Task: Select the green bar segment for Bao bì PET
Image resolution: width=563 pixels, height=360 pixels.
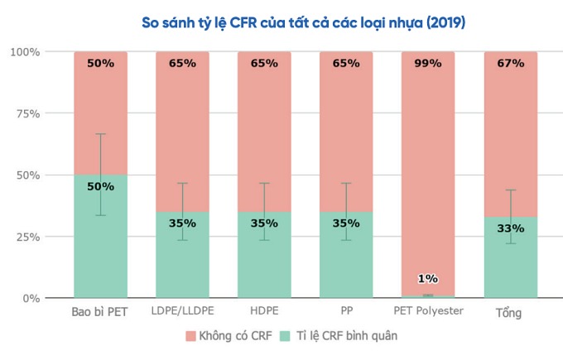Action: pos(100,248)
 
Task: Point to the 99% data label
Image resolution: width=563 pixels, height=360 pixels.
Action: pos(428,63)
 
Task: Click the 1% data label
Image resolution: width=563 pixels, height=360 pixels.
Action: pos(428,279)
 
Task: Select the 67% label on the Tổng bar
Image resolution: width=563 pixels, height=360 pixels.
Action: pos(510,63)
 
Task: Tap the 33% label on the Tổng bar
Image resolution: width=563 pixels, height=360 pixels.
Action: pos(510,228)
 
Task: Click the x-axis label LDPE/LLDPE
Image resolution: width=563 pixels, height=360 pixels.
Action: pos(182,311)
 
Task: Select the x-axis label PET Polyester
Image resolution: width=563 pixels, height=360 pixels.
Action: pos(428,311)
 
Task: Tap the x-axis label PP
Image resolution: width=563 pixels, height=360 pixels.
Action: pos(346,311)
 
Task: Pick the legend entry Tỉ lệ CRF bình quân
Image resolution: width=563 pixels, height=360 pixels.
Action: pos(339,336)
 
